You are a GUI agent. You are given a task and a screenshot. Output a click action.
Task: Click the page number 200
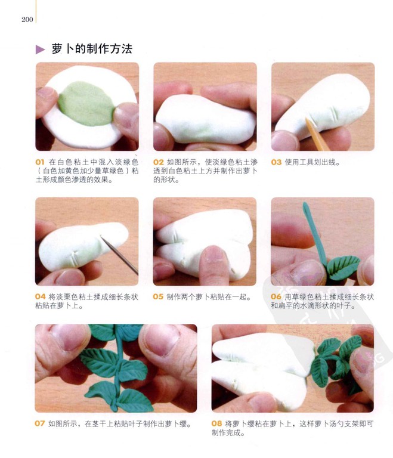tap(27, 20)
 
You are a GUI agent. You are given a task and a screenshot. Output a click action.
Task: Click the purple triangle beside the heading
tap(40, 49)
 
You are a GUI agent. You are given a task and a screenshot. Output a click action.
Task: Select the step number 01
tap(40, 162)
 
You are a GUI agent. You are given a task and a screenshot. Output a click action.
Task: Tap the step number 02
tap(159, 162)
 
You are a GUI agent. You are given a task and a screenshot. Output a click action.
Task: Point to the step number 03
tap(276, 162)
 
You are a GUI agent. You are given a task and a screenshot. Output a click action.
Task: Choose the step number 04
tap(41, 297)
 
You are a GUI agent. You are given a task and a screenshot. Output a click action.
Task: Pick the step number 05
tap(158, 297)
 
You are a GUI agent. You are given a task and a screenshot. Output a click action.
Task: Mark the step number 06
tap(276, 297)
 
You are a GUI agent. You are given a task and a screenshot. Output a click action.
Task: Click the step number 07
tap(40, 423)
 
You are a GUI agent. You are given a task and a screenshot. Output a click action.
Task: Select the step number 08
tap(217, 423)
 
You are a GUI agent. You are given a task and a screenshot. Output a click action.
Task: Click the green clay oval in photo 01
tap(86, 104)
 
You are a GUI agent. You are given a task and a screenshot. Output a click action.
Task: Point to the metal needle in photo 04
tap(119, 255)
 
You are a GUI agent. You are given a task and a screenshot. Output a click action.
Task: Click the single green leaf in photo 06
tap(343, 267)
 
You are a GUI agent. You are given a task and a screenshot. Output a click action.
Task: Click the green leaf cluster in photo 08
tap(336, 361)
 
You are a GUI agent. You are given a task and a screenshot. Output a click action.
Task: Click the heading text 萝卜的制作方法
tap(92, 49)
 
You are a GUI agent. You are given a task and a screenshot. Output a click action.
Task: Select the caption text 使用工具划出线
tap(310, 162)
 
